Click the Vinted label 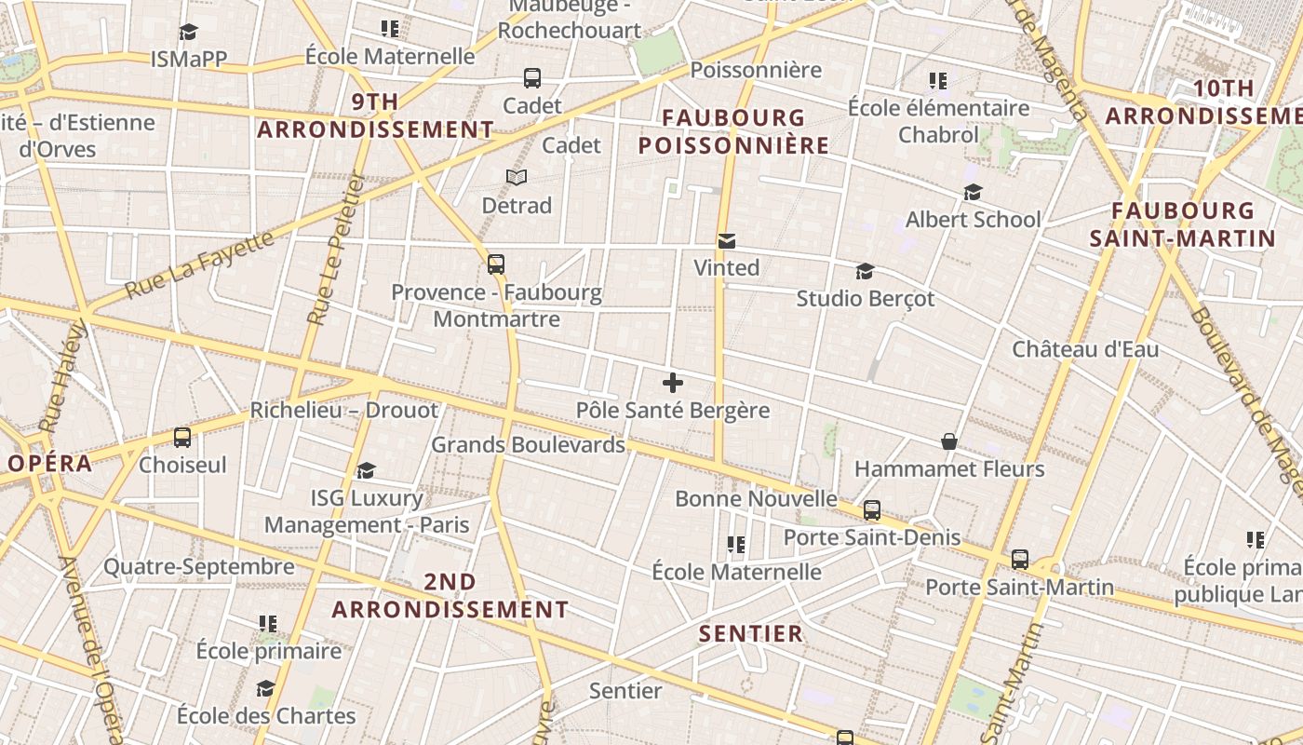(x=726, y=268)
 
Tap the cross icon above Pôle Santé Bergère (x=673, y=383)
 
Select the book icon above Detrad (x=517, y=177)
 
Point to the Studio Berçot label (x=865, y=299)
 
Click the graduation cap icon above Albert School (x=973, y=192)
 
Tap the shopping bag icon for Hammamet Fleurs (x=948, y=441)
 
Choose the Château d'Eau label (x=1085, y=350)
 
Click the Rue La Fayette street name (x=199, y=264)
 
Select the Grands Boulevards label (x=528, y=445)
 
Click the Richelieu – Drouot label (x=343, y=411)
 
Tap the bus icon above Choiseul (x=182, y=437)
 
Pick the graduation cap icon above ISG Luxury (x=366, y=471)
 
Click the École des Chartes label (x=266, y=716)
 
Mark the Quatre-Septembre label (x=198, y=566)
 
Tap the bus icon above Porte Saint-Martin (x=1020, y=560)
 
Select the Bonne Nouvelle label (x=756, y=499)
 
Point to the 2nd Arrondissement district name (x=450, y=596)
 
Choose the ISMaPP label (x=189, y=60)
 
